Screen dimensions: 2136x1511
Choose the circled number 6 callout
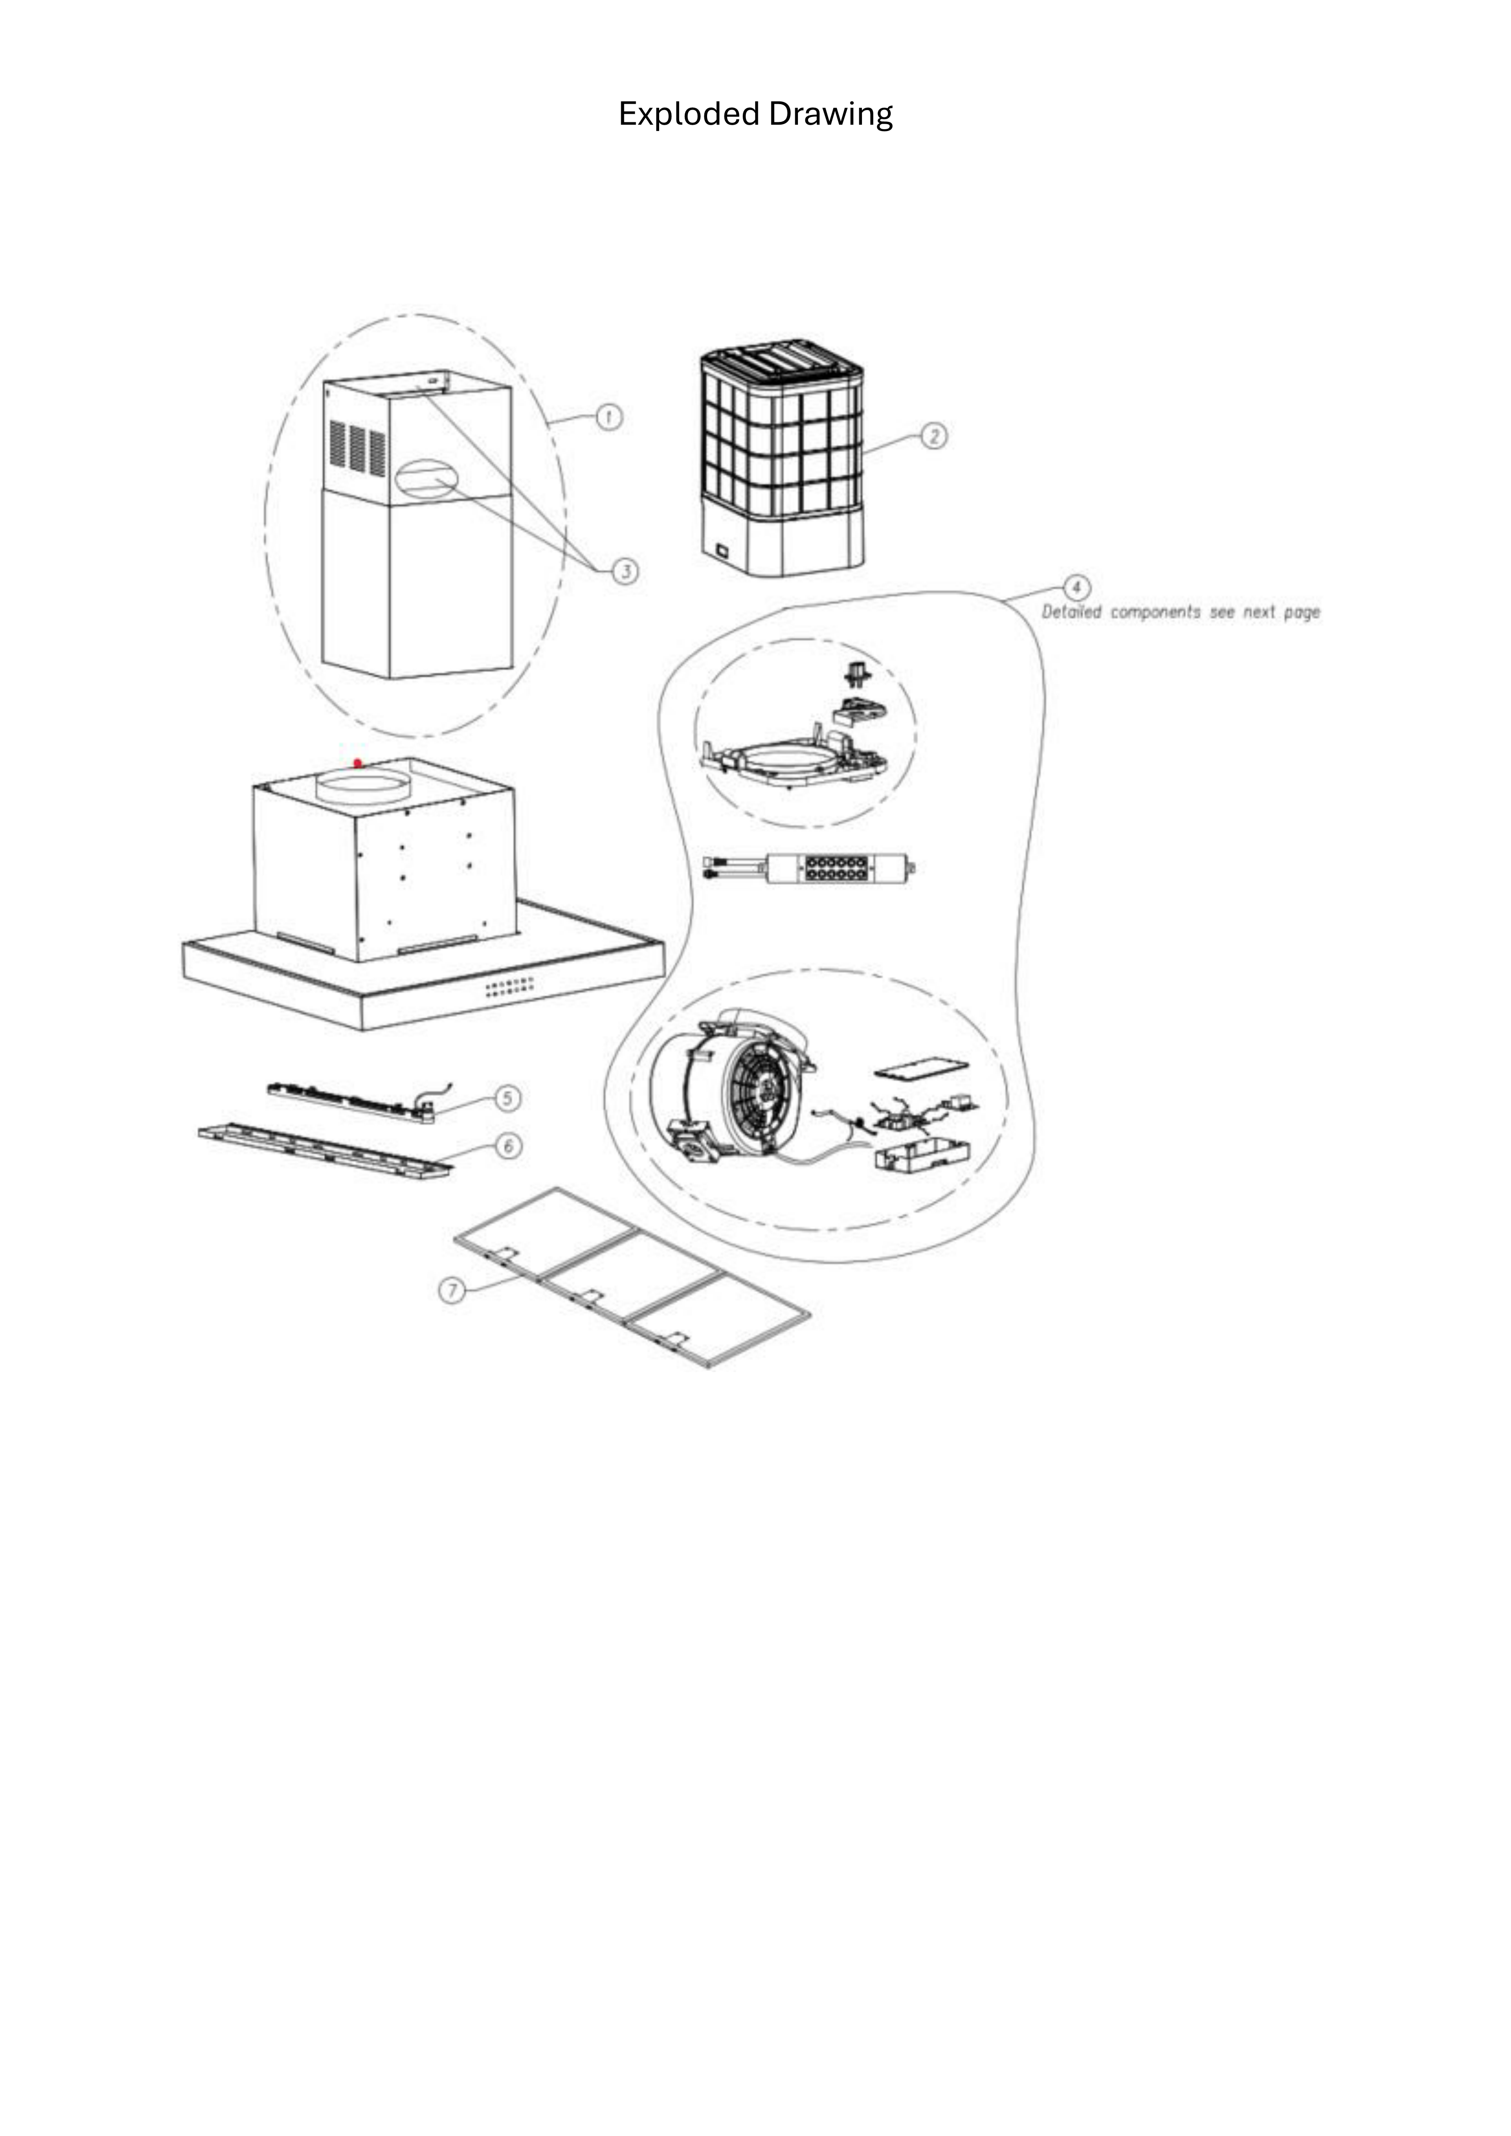pyautogui.click(x=508, y=1146)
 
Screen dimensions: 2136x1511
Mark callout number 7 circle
pyautogui.click(x=452, y=1290)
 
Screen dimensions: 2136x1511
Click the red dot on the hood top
pyautogui.click(x=358, y=763)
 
